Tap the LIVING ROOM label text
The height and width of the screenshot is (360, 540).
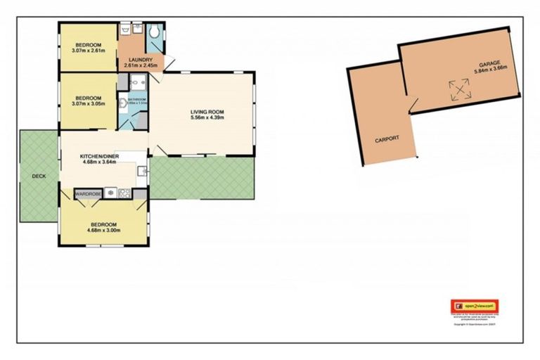tap(207, 111)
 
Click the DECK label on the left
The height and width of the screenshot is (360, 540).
tap(39, 176)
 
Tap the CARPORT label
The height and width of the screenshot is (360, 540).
tap(387, 139)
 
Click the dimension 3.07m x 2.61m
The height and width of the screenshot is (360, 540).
tap(88, 50)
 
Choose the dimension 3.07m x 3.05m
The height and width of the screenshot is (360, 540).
tap(88, 103)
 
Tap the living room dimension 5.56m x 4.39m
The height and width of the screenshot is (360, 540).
tap(207, 117)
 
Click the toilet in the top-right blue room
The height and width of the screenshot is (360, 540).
tap(154, 32)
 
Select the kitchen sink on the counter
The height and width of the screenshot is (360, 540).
tap(141, 170)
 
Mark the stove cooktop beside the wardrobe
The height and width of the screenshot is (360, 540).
tap(125, 192)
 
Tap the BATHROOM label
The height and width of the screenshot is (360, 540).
tap(136, 99)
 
